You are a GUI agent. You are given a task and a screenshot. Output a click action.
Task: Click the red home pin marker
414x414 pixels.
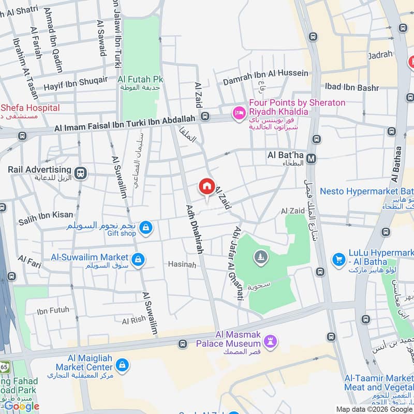click(x=206, y=187)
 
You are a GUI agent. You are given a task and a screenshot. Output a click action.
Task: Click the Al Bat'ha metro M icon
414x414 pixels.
click(x=312, y=159)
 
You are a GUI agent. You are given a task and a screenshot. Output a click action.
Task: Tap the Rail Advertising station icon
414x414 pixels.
click(x=80, y=173)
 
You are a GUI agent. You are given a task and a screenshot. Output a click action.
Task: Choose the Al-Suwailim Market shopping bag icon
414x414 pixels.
click(x=138, y=259)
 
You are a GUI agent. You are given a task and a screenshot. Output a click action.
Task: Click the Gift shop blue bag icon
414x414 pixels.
click(x=146, y=228)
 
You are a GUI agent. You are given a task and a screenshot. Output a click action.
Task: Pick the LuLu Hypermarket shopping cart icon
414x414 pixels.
click(x=339, y=258)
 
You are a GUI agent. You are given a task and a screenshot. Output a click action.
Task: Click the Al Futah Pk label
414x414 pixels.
click(x=140, y=79)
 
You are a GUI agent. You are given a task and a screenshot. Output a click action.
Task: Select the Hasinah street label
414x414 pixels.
click(x=182, y=264)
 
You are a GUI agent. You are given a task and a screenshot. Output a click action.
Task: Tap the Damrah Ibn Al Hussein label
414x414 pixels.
click(x=265, y=73)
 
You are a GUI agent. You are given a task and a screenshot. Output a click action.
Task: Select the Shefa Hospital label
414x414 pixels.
click(x=29, y=108)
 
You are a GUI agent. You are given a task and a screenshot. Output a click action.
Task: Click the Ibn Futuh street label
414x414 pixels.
click(x=53, y=310)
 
